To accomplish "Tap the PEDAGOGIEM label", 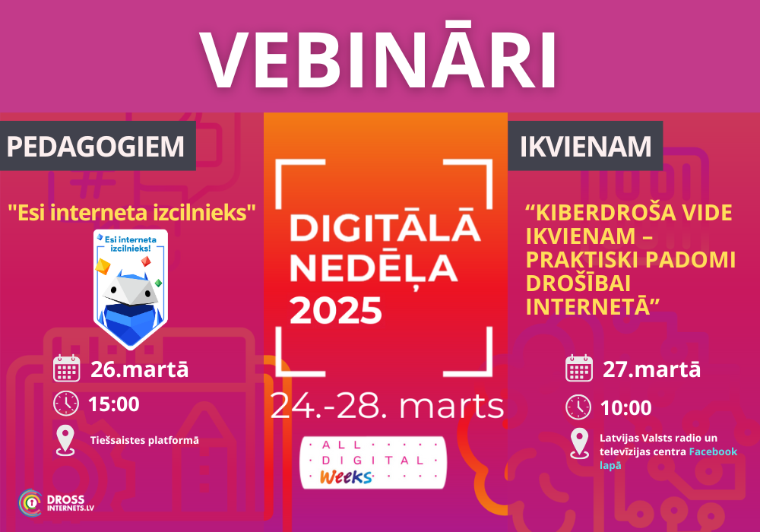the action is pyautogui.click(x=96, y=147).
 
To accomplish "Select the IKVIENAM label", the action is pyautogui.click(x=585, y=147).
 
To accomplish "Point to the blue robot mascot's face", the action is pyautogui.click(x=130, y=289).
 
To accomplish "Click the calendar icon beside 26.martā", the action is pyautogui.click(x=66, y=369).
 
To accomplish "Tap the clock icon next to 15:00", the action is pyautogui.click(x=66, y=403).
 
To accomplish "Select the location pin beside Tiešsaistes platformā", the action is pyautogui.click(x=65, y=441).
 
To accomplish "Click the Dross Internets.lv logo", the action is pyautogui.click(x=56, y=503).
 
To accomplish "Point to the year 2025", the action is pyautogui.click(x=336, y=311).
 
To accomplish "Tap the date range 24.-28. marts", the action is pyautogui.click(x=387, y=406).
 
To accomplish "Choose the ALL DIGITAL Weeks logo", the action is pyautogui.click(x=372, y=463).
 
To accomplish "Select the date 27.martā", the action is pyautogui.click(x=651, y=369).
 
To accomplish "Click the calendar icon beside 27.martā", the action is pyautogui.click(x=578, y=369).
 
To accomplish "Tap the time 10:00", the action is pyautogui.click(x=625, y=408).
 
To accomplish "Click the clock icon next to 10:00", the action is pyautogui.click(x=578, y=407).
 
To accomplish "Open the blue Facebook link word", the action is pyautogui.click(x=713, y=451).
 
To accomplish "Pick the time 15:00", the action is pyautogui.click(x=114, y=404).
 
